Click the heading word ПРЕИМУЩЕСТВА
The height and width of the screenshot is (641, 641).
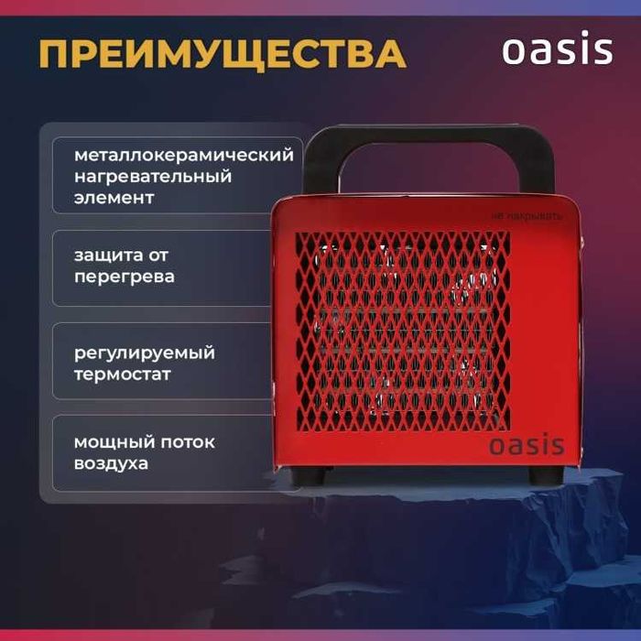(x=223, y=53)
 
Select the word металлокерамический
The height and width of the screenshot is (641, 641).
(x=184, y=154)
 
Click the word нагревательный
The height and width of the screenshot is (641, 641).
(x=153, y=175)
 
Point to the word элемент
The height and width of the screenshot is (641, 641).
(x=114, y=197)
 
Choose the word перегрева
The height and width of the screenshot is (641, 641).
(x=125, y=276)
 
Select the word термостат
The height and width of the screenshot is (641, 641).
(x=123, y=375)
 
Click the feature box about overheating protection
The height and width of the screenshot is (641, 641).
(x=165, y=266)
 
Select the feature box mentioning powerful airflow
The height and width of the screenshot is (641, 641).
(x=165, y=453)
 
